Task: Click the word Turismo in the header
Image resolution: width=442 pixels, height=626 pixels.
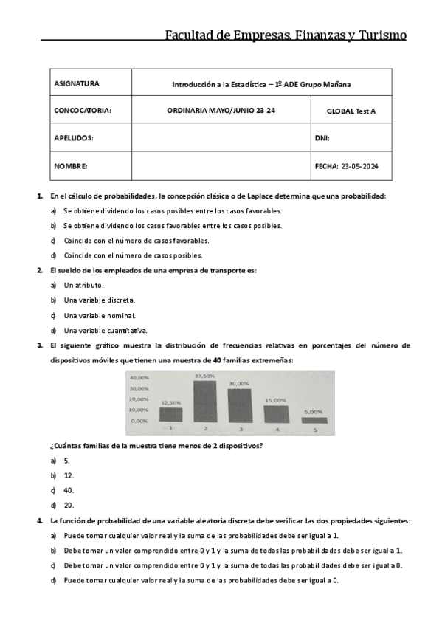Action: (377, 35)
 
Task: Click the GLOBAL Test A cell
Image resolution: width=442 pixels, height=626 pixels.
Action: (351, 111)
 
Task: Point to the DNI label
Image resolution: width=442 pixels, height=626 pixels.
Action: (322, 138)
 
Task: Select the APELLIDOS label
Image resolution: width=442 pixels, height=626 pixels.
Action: (74, 138)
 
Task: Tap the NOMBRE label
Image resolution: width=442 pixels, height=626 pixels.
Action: (71, 166)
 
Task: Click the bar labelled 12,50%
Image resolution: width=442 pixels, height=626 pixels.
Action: (170, 414)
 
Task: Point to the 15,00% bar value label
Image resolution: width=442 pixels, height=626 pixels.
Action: (274, 399)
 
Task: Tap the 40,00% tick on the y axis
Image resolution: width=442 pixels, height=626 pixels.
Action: (139, 377)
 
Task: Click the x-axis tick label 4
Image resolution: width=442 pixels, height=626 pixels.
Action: (277, 429)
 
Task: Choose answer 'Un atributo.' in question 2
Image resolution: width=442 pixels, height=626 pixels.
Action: (83, 285)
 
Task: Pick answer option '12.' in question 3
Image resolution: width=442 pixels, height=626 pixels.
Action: (69, 475)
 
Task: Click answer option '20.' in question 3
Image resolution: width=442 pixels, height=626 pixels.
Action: (69, 506)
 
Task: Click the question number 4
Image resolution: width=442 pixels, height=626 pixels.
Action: (41, 520)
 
